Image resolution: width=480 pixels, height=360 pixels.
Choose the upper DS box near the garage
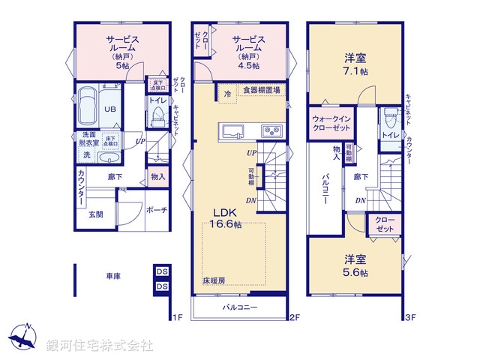[x=161, y=271]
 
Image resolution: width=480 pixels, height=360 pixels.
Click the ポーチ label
[x=156, y=210]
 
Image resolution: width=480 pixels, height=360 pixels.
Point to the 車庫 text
[x=113, y=276]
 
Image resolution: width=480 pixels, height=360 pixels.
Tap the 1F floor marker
[x=175, y=317]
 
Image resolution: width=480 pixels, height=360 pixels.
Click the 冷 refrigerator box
[x=227, y=94]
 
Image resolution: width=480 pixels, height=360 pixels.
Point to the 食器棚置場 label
[x=261, y=91]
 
